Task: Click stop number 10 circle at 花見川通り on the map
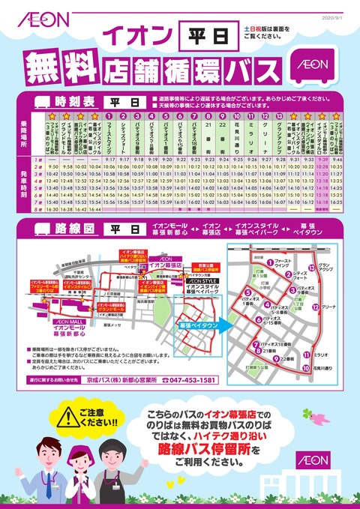305,368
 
